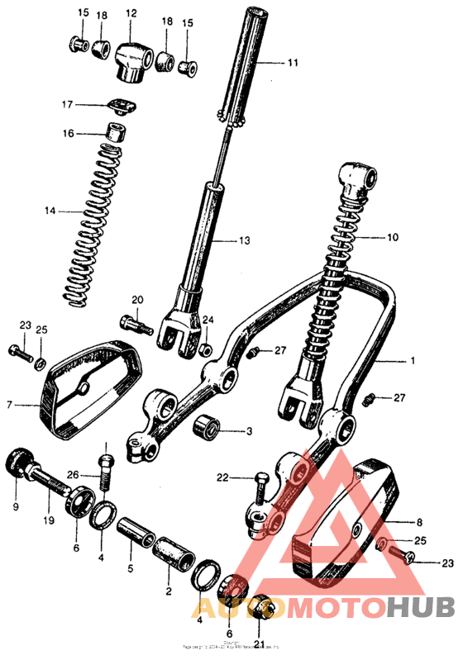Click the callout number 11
(x=292, y=62)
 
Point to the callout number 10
(x=392, y=237)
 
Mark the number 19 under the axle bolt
(x=49, y=520)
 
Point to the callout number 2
(x=169, y=591)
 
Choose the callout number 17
(x=67, y=105)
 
